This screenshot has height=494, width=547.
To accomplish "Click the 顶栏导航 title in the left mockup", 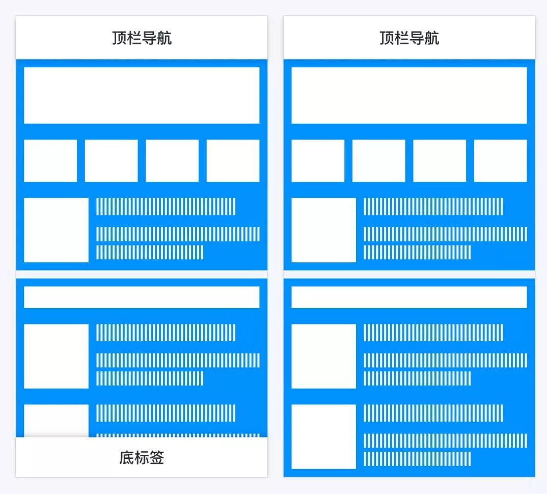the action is point(142,38).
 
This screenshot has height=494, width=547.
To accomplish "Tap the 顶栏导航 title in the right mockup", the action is point(409,38).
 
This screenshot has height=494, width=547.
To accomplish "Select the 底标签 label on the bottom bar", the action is point(142,458).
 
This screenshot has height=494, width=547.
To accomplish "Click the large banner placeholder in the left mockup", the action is point(142,95).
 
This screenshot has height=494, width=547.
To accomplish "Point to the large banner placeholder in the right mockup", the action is point(409,95).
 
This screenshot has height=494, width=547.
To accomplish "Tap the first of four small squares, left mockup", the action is point(50,160).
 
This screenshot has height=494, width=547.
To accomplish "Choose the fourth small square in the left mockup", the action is point(233,160).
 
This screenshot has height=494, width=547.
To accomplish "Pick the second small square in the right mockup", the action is point(378,160).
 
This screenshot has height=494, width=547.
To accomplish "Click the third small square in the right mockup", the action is point(440,160).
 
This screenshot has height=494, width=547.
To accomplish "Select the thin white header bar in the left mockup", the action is point(142,297).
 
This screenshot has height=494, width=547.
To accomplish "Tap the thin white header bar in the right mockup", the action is point(409,297).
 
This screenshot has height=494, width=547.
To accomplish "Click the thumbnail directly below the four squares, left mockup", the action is point(56,230).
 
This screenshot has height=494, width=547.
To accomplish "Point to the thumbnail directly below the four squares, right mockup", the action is point(323,230).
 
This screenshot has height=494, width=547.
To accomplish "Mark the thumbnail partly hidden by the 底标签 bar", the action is point(56,420).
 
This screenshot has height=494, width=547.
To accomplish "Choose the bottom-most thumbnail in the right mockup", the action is point(323,436).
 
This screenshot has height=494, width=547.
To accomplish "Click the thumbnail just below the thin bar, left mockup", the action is point(56,356).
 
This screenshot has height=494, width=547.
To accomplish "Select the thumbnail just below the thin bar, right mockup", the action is point(323,356).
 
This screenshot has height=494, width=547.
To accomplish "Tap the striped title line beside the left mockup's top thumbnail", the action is point(166,206).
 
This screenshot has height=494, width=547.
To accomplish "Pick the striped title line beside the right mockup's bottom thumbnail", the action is point(433,413).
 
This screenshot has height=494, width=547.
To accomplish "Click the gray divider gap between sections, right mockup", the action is point(409,274).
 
